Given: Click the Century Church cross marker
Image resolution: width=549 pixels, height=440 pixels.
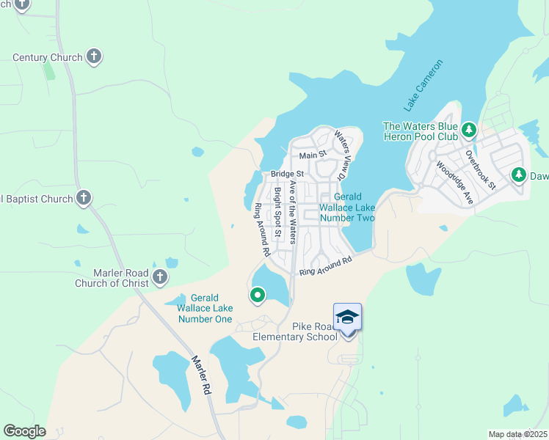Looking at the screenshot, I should (x=93, y=56).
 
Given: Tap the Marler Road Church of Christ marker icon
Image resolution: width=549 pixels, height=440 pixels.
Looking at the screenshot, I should (x=160, y=276).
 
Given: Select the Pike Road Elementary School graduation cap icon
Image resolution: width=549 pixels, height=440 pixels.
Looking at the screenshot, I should (x=347, y=318).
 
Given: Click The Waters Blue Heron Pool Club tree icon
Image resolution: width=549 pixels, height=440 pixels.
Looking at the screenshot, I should (x=468, y=131).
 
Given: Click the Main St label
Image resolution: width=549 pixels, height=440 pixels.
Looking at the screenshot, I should (x=312, y=155).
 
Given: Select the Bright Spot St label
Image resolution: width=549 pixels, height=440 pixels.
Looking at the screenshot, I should (x=278, y=213).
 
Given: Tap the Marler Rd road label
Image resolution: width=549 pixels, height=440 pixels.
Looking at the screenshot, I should (x=200, y=375).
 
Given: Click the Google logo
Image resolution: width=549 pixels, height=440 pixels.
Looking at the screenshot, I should (x=24, y=431).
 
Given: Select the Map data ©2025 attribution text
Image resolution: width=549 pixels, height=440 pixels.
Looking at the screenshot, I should (x=517, y=434).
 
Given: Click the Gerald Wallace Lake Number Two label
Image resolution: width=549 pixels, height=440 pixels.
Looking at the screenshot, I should (x=347, y=208).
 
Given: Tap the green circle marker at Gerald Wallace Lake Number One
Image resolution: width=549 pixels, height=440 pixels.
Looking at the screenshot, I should (x=258, y=296).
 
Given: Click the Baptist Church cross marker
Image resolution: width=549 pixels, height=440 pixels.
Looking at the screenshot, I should (x=84, y=198).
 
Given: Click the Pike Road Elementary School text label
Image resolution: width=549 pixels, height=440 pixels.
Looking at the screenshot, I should (x=294, y=331).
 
